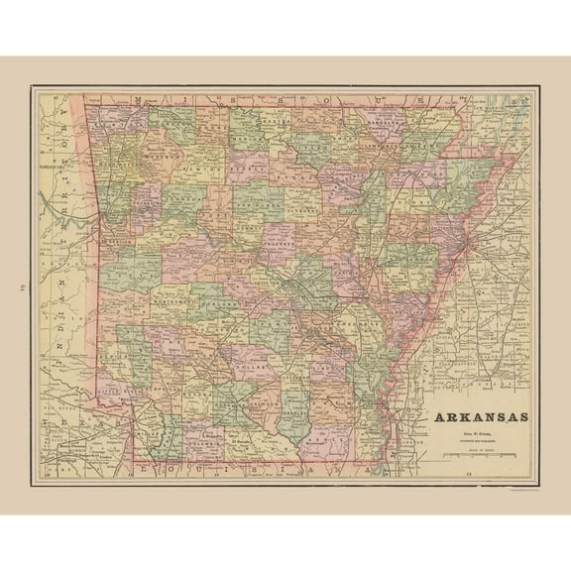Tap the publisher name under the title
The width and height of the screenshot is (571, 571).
click(x=478, y=432)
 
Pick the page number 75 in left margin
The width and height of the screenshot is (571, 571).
click(x=22, y=287)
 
